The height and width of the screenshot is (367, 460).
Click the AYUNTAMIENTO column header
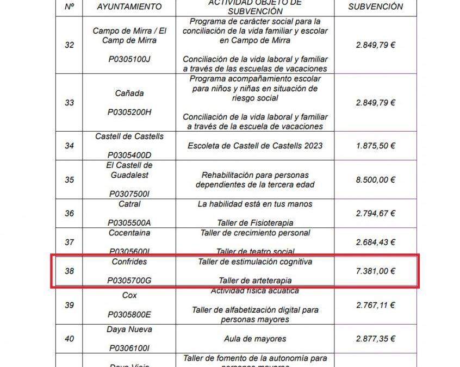tap(129, 7)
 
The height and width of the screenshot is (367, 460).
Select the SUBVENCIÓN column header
tap(376, 7)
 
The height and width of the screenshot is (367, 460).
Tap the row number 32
tap(69, 45)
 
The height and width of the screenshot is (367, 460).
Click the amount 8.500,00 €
tap(376, 180)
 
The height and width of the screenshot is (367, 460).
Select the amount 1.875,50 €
tap(376, 146)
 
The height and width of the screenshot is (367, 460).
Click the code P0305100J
tap(129, 59)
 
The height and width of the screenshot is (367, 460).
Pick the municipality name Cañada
tap(129, 93)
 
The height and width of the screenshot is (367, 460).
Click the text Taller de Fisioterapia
tap(255, 223)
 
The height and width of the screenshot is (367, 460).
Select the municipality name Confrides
tap(129, 262)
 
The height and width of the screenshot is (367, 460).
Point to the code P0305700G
tap(129, 281)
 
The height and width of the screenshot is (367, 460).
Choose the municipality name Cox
tap(129, 296)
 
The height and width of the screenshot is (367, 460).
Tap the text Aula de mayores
tap(255, 339)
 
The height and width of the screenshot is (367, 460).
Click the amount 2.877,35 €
tap(376, 339)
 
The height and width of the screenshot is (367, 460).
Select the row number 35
tap(69, 180)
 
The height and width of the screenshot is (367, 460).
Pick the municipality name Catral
tap(129, 204)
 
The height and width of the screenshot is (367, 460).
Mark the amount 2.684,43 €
tap(376, 242)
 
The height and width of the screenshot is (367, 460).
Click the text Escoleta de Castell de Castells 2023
tap(255, 146)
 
